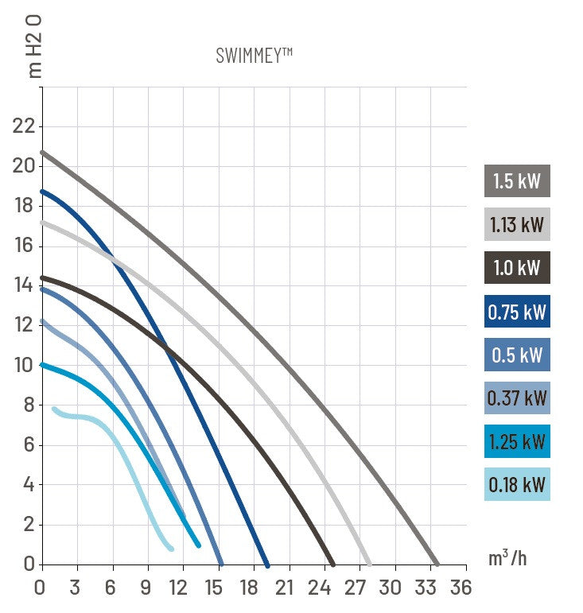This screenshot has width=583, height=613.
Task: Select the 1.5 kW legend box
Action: click(517, 181)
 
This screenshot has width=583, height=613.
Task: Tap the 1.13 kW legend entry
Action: click(517, 224)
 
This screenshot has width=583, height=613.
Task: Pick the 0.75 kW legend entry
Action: click(517, 311)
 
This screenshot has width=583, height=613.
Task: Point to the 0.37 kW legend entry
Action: click(517, 398)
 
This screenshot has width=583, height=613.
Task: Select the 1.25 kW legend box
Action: click(517, 441)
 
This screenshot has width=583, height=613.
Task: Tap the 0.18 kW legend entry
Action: click(517, 484)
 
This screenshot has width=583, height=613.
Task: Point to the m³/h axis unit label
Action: click(507, 557)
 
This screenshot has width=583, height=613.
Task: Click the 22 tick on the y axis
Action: click(24, 126)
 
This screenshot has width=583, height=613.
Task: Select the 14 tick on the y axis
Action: click(24, 285)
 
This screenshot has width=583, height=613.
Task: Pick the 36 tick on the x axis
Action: click(460, 588)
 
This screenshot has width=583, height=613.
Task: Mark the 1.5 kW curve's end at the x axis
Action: click(435, 563)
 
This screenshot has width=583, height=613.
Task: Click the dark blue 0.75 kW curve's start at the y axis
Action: click(43, 192)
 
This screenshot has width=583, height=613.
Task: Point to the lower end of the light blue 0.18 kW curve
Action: click(170, 548)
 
